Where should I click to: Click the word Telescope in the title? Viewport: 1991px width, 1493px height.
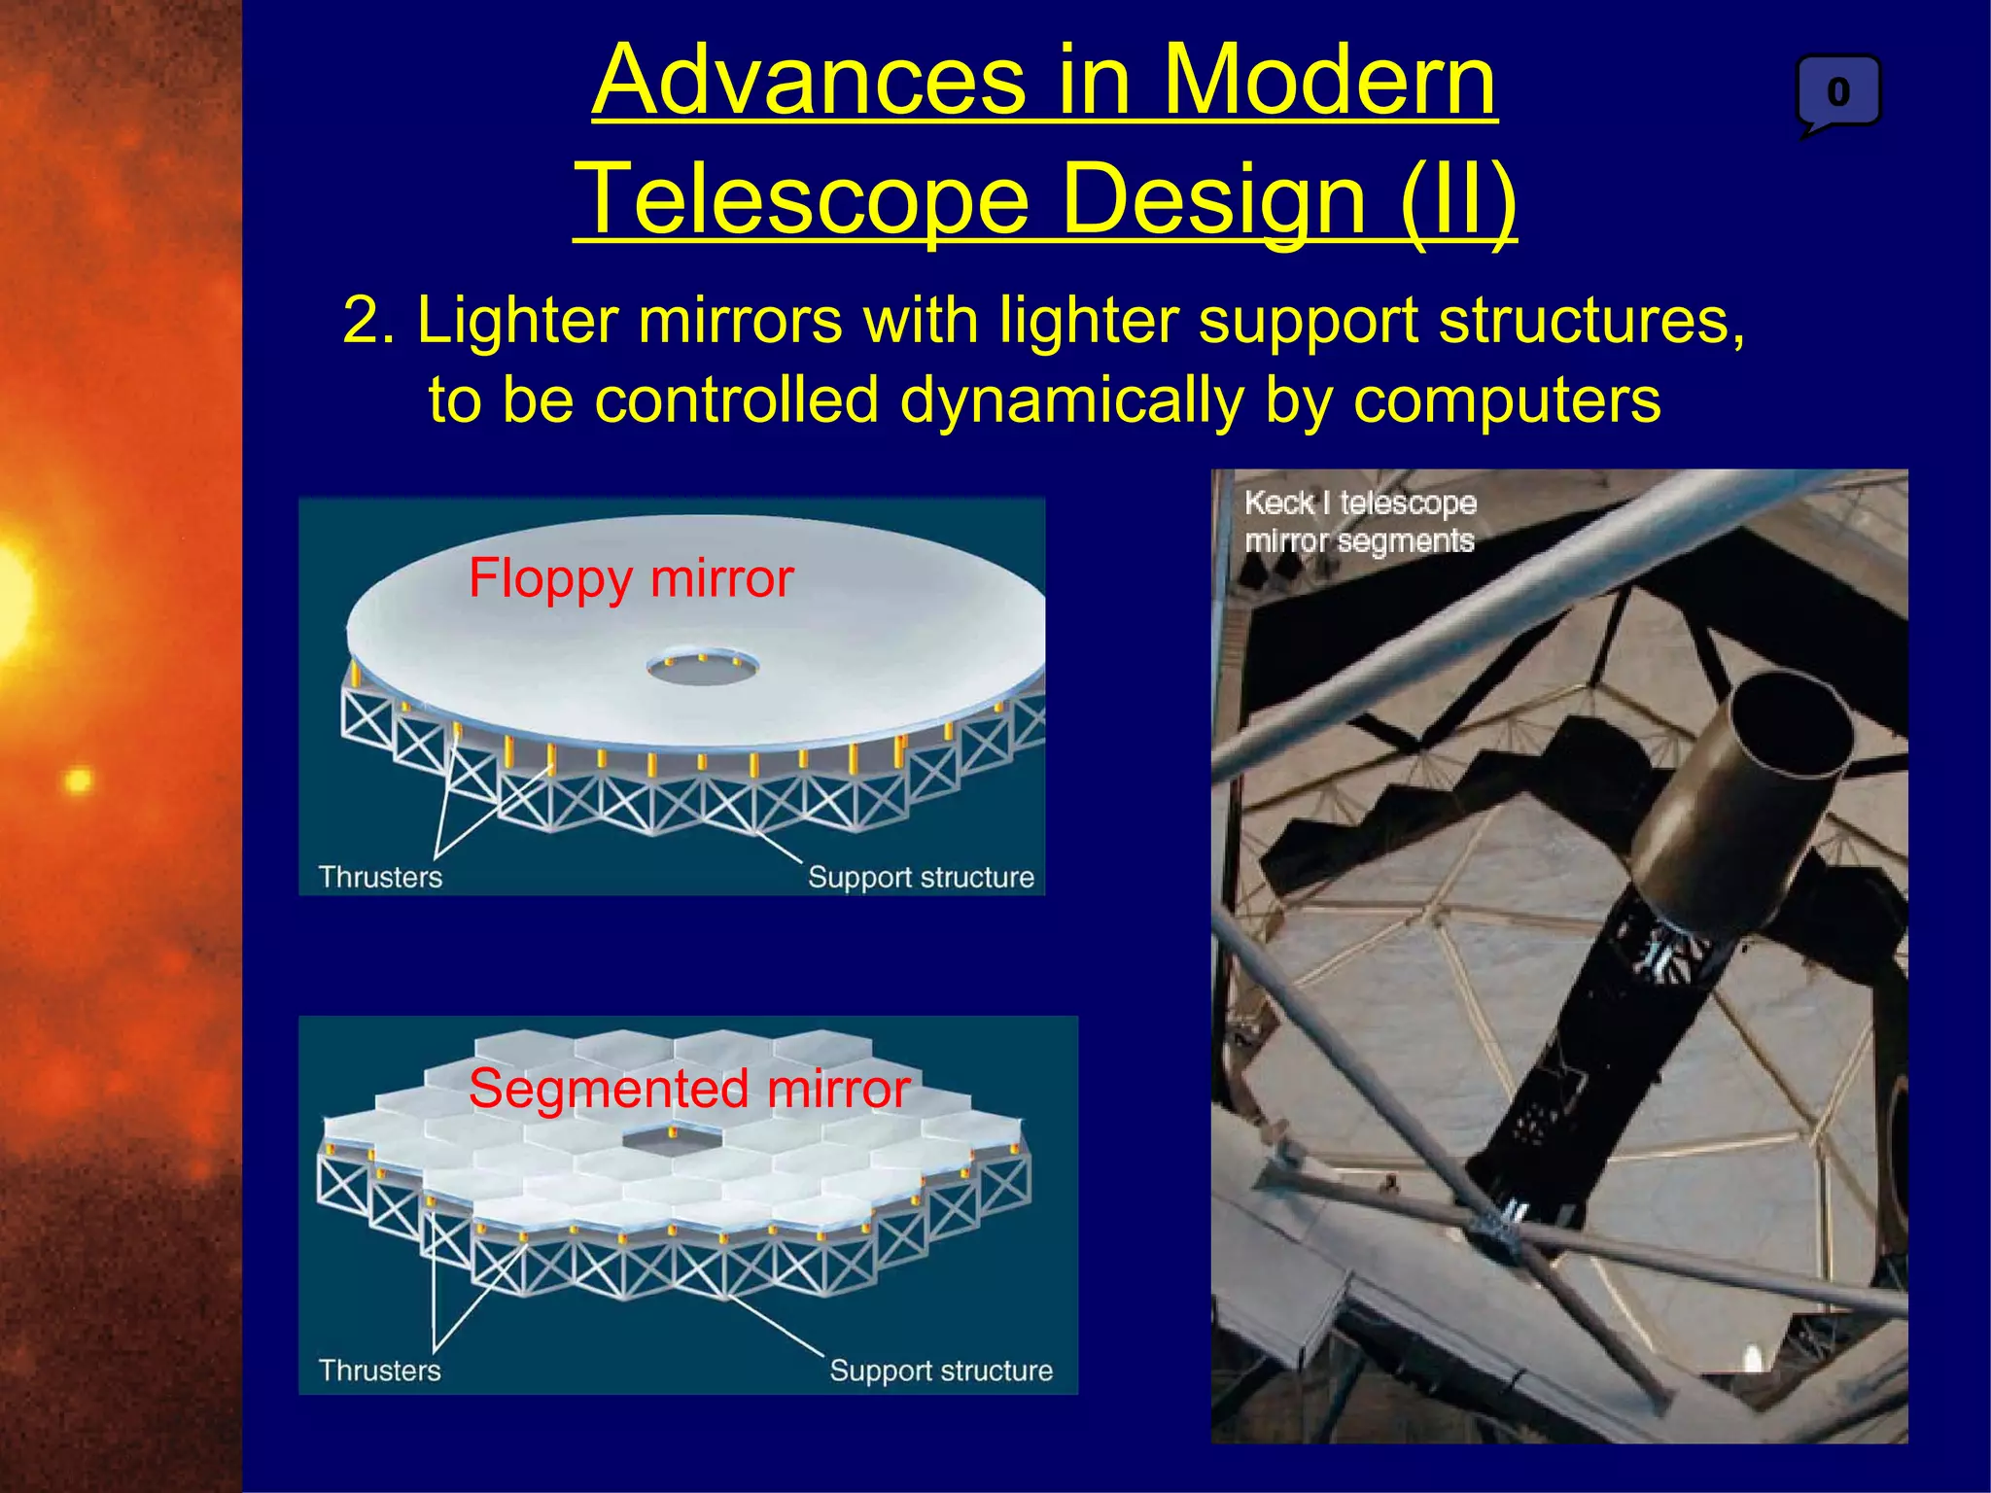[803, 199]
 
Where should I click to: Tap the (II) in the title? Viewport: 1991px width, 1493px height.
[1457, 199]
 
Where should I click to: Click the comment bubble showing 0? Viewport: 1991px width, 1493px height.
[1837, 93]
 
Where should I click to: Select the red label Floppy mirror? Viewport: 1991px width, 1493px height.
[631, 579]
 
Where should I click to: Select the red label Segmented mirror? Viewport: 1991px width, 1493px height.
[688, 1089]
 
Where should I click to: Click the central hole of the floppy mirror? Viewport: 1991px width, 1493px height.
[702, 668]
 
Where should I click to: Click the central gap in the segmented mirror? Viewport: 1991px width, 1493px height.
[672, 1139]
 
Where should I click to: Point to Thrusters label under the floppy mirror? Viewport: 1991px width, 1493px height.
[380, 877]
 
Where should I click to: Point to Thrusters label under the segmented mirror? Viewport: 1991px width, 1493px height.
[380, 1371]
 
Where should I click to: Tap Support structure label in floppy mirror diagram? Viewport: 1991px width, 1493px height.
[921, 877]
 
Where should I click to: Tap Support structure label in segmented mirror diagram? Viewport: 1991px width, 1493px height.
[940, 1371]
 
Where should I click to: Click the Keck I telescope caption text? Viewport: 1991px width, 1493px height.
[1360, 521]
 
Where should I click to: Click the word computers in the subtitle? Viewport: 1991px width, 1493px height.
[1507, 399]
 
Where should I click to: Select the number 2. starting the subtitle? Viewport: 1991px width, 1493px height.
[368, 321]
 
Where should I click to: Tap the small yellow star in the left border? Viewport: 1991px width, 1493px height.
[78, 780]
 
